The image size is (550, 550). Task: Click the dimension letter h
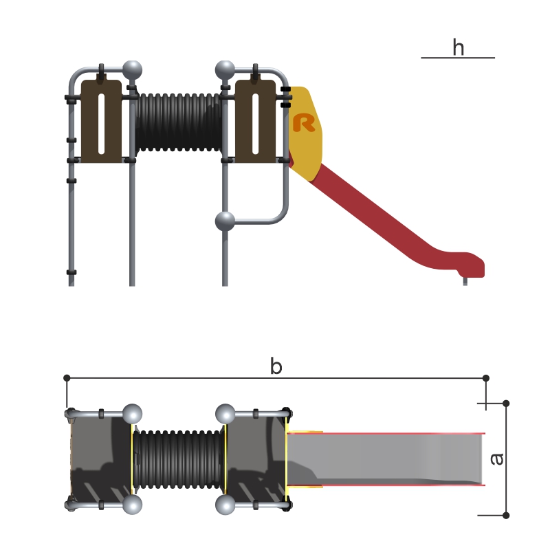click(459, 47)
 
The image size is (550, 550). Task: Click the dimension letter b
click(276, 366)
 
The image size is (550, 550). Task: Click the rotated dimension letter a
click(496, 459)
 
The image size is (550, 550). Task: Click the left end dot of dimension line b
click(67, 377)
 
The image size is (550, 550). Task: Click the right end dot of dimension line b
click(486, 378)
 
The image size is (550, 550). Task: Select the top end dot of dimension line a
click(506, 404)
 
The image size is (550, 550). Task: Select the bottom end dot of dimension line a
click(506, 515)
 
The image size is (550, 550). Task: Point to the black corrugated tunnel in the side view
click(179, 122)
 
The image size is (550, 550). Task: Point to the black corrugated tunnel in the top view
click(179, 459)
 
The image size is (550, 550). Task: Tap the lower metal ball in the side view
click(225, 221)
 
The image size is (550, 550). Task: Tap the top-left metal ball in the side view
click(132, 71)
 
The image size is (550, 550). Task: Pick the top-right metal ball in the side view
click(225, 71)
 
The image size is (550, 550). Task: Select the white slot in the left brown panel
click(101, 124)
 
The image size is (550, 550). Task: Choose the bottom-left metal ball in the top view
click(132, 505)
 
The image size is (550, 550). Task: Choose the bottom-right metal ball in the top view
click(225, 505)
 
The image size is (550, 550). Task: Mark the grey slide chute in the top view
click(386, 459)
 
